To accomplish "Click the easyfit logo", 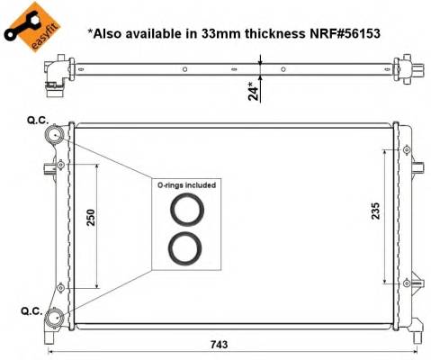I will pos(26,23).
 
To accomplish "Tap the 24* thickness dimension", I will pos(255,90).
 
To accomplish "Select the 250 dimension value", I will pos(92,219).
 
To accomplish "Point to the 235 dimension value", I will pos(376,210).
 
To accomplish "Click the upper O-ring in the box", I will pos(186,210).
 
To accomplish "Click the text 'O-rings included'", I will pos(186,184).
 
